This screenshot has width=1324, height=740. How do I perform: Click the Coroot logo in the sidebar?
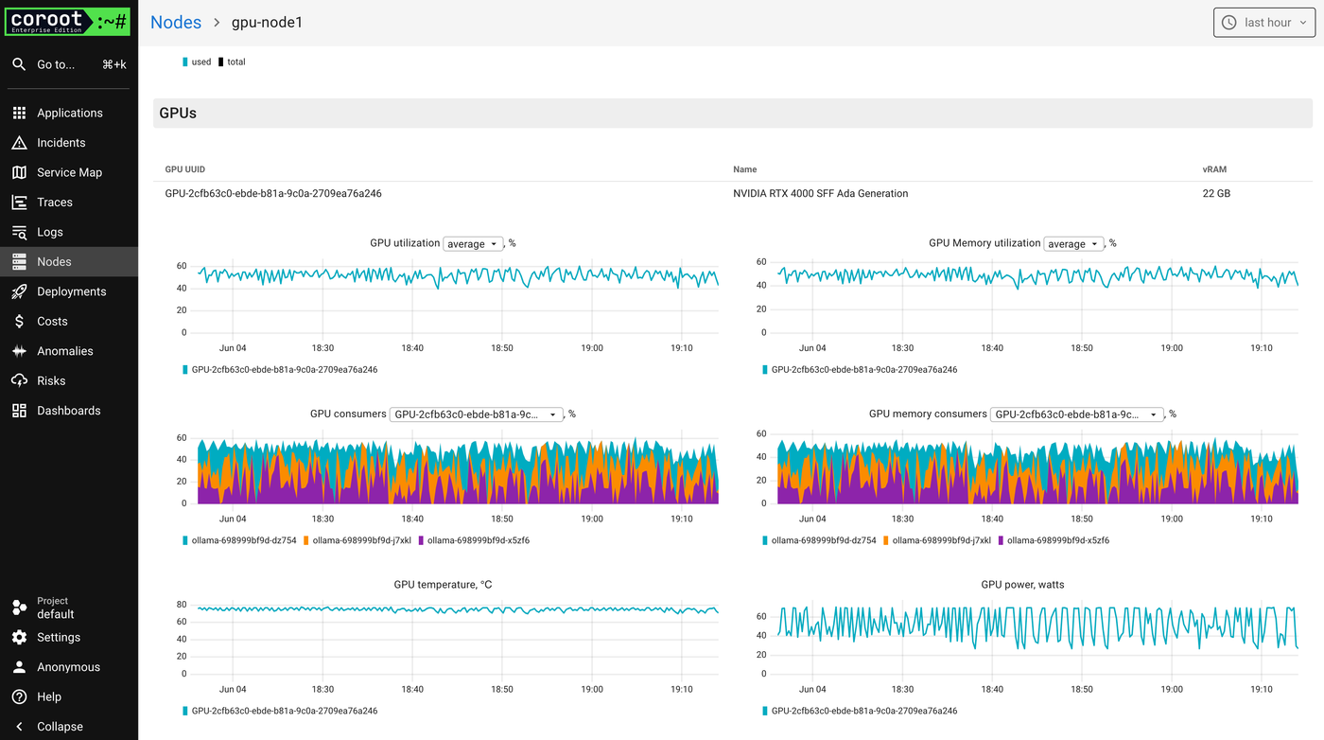(x=67, y=22)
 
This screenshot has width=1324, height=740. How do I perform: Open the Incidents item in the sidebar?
(x=61, y=143)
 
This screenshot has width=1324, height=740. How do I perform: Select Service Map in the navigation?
(x=69, y=172)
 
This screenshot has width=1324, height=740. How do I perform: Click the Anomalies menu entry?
(x=64, y=351)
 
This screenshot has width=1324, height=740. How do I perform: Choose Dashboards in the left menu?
(x=68, y=411)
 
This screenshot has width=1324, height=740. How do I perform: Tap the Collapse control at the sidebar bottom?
(x=59, y=726)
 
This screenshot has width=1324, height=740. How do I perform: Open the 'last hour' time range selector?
(x=1263, y=23)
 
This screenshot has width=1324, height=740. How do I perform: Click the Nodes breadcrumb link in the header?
(x=176, y=22)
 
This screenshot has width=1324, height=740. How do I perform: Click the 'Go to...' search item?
(x=56, y=64)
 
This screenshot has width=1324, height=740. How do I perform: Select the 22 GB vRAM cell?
(x=1215, y=193)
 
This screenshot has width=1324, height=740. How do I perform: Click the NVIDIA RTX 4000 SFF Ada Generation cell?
(x=820, y=193)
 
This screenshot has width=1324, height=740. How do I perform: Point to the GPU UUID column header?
(x=184, y=169)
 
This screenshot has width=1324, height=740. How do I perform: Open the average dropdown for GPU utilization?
(x=473, y=244)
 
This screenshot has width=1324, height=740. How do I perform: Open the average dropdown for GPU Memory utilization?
(x=1073, y=244)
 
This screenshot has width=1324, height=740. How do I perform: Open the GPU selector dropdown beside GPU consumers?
(x=476, y=414)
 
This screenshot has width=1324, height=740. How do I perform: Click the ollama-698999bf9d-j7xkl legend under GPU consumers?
(x=361, y=540)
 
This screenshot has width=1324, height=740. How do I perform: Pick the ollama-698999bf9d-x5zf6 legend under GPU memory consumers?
(x=1057, y=540)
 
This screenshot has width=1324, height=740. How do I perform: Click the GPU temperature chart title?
(x=443, y=585)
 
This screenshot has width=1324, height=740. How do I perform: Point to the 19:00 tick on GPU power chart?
(x=1171, y=689)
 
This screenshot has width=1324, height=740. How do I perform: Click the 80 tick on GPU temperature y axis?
(x=181, y=604)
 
